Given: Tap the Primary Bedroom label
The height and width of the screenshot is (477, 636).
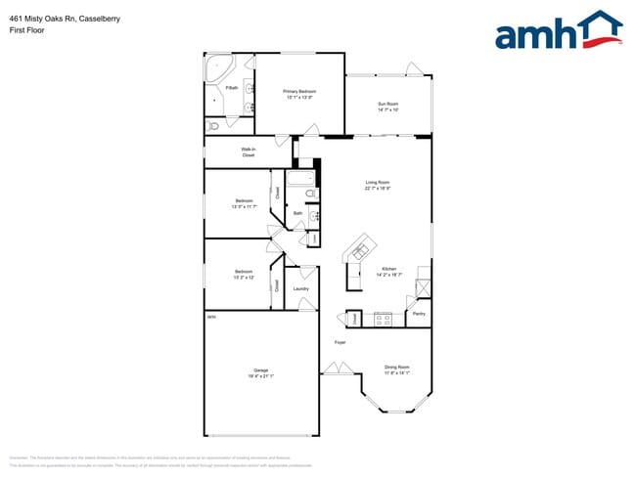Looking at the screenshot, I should pos(300,94).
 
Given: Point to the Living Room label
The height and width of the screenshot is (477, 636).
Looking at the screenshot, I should pos(378,185).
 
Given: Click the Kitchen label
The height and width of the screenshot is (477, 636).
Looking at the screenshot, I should pos(388,271).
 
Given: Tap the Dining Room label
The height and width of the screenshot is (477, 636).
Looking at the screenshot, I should pos(396,369).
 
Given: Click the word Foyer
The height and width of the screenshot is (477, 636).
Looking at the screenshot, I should pos(341,342).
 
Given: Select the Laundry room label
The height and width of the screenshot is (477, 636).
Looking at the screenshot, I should pos(300,288).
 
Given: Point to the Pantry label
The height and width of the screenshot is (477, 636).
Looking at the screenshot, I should pos(419,314).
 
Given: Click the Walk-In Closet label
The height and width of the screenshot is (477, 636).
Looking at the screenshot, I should pos(249,152).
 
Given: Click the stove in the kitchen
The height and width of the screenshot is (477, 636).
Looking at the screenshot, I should pos(383,318).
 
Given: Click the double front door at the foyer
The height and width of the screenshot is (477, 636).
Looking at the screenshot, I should pos(339,369).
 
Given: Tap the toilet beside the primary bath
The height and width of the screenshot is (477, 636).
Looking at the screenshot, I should pos(214,126).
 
